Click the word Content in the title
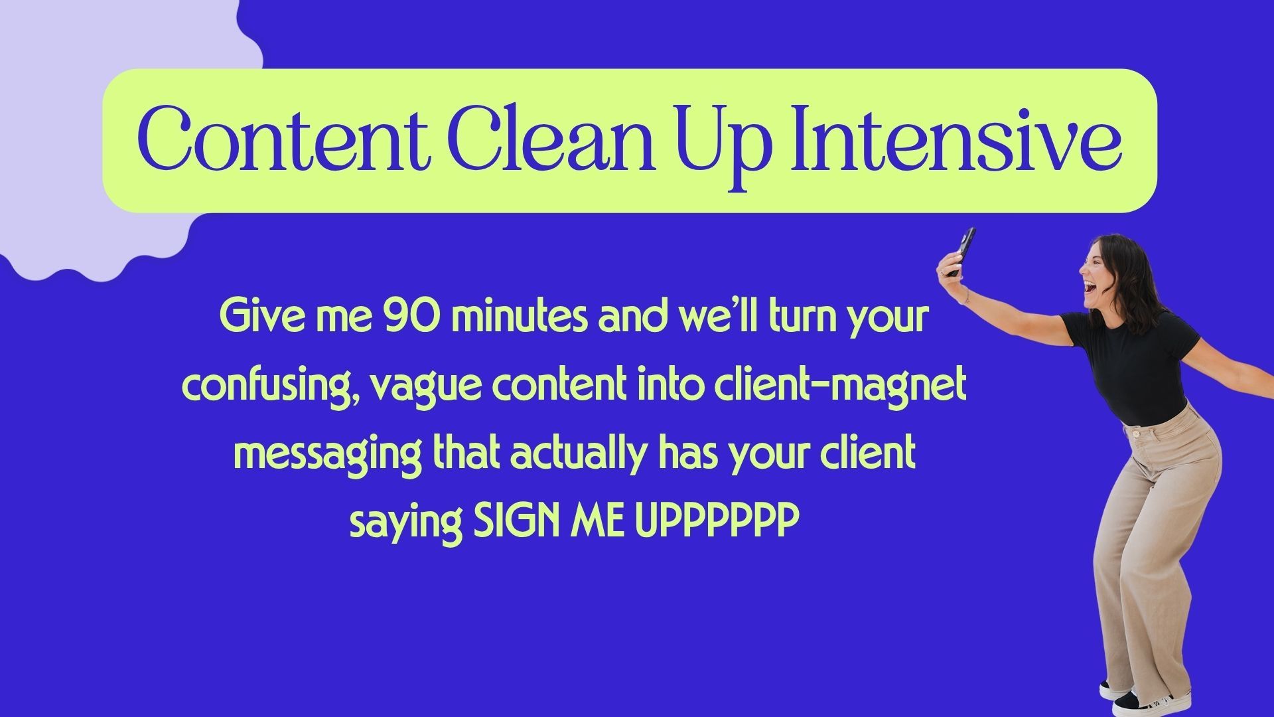[x=281, y=140]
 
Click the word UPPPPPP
[x=717, y=523]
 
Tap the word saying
[x=405, y=525]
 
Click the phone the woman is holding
[x=960, y=252]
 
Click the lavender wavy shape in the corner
[x=113, y=133]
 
